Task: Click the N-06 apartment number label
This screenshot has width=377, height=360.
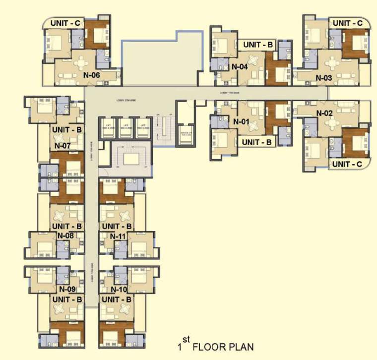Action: (x=92, y=75)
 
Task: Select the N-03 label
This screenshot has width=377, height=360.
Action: (x=323, y=78)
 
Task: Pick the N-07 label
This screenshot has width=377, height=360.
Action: (x=63, y=146)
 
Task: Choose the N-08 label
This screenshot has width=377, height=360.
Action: (x=66, y=236)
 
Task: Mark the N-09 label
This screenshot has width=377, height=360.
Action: (x=67, y=289)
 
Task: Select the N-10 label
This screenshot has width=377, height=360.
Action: (x=120, y=289)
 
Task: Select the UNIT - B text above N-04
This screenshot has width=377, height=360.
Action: (x=258, y=45)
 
